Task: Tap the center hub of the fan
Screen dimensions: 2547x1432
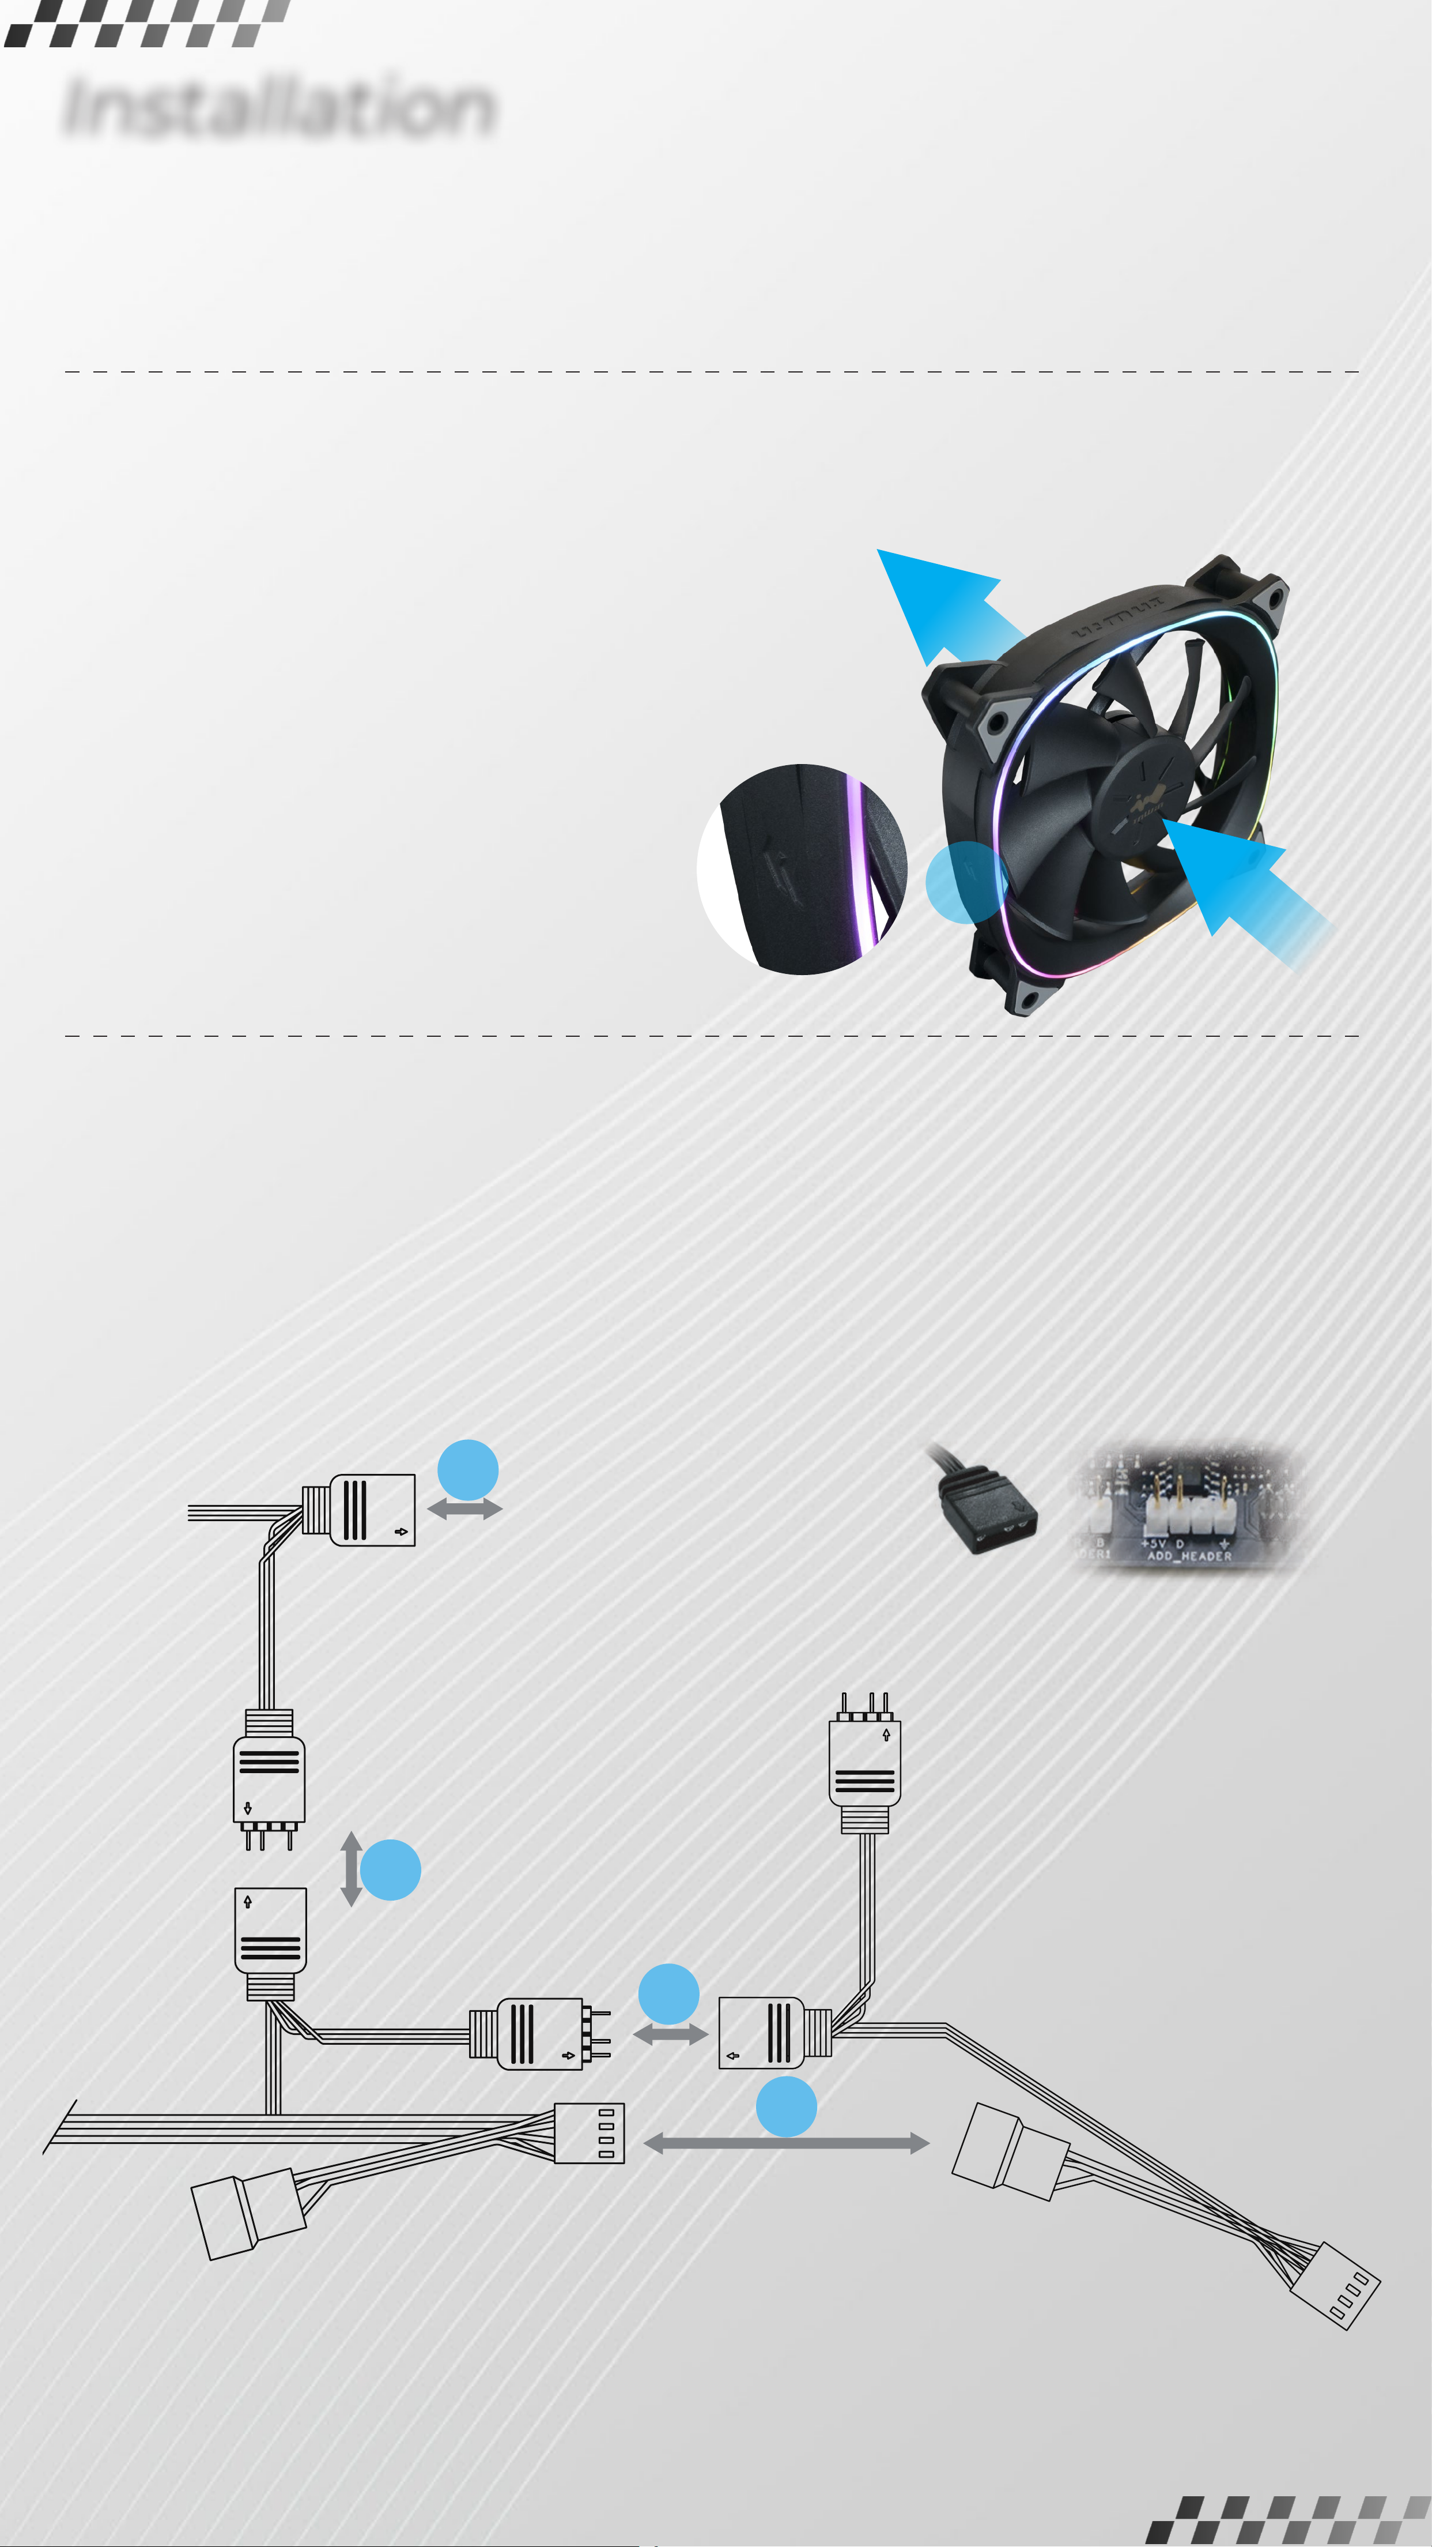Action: pos(1146,791)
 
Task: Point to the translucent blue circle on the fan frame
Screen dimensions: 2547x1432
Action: pos(966,882)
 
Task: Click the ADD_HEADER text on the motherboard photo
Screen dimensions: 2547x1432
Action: pos(1189,1555)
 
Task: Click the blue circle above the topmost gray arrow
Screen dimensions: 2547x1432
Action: pos(467,1469)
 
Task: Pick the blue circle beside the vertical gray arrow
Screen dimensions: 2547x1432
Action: pos(390,1869)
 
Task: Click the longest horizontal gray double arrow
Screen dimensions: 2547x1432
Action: pos(785,2143)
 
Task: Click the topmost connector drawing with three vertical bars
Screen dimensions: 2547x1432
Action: pos(371,1510)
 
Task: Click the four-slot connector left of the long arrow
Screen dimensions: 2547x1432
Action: pos(589,2134)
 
